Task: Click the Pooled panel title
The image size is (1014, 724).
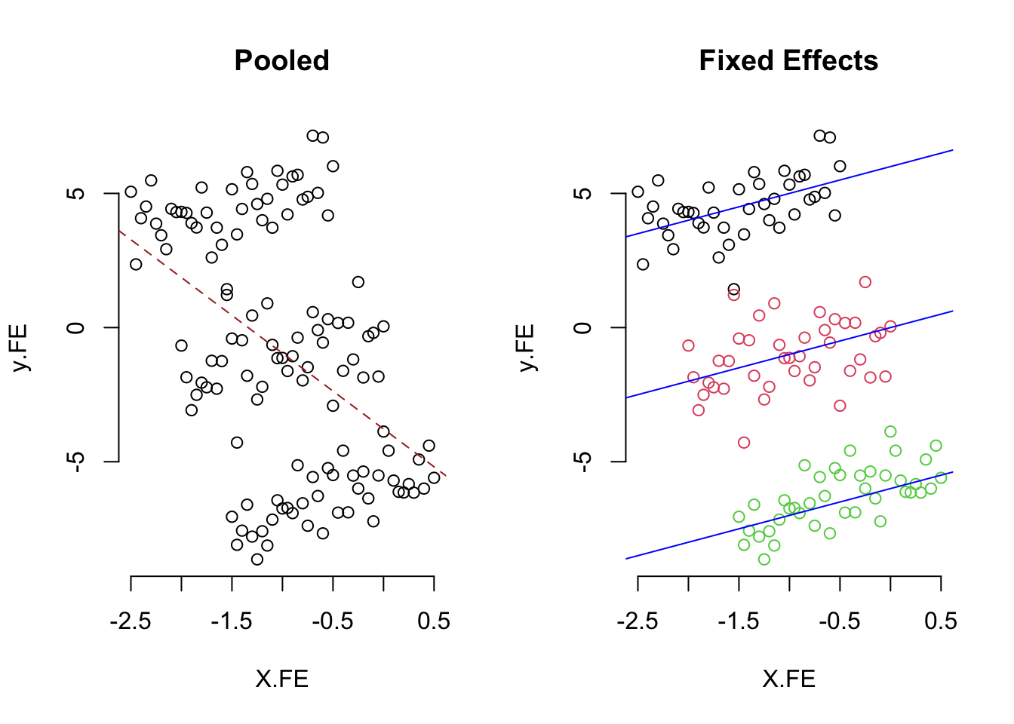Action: tap(281, 60)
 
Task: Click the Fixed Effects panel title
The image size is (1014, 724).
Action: tap(788, 60)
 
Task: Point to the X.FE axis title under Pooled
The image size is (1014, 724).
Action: tap(281, 679)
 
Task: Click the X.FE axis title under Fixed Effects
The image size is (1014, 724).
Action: tap(788, 679)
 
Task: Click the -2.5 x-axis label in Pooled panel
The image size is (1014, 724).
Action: tap(131, 621)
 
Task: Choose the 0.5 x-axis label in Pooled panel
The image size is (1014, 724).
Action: tap(434, 621)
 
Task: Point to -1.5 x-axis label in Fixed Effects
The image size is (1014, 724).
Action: tap(739, 621)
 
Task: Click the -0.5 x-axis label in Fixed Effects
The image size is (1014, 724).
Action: tap(840, 621)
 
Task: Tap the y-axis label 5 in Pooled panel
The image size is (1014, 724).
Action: tap(75, 193)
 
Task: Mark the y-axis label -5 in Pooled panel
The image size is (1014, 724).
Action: tap(75, 461)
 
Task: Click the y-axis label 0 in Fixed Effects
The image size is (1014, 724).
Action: tap(582, 327)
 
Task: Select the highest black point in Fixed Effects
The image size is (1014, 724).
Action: tap(820, 136)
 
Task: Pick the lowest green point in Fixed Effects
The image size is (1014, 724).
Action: tap(764, 560)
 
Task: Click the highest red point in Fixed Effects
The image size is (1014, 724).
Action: tap(865, 282)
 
